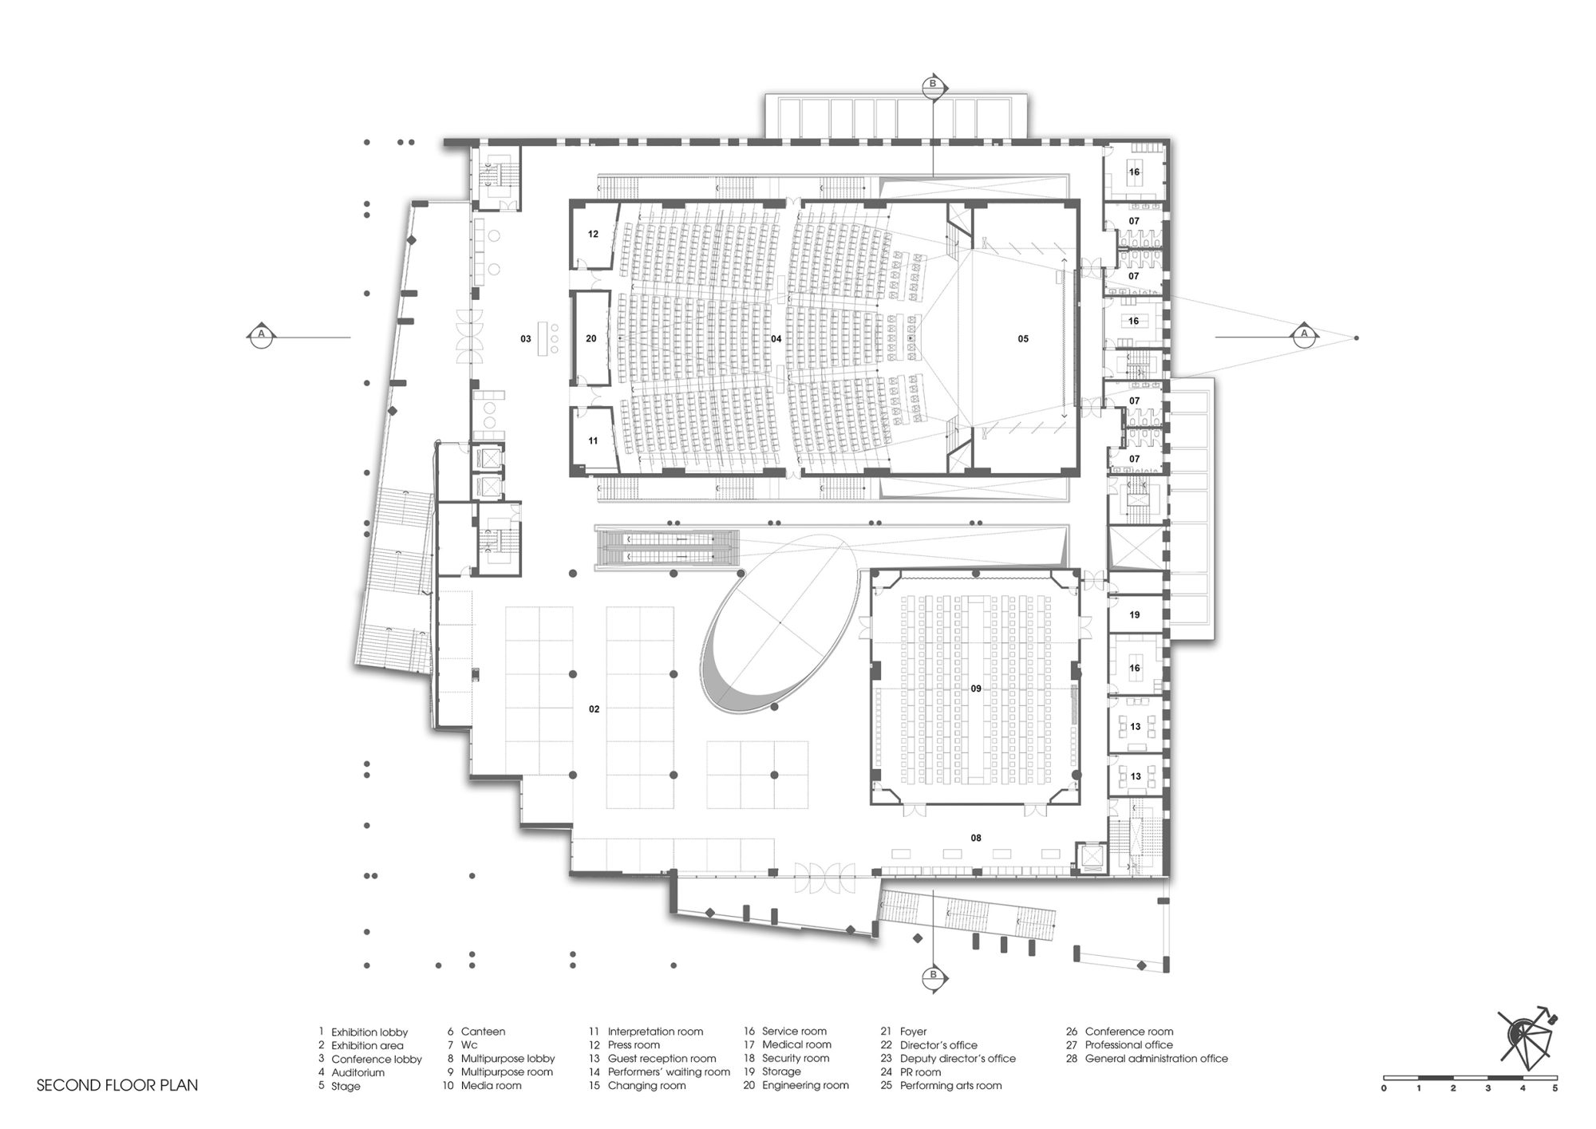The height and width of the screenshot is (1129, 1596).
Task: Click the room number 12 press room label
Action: point(593,235)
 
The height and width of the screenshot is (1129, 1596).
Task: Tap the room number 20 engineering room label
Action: point(591,339)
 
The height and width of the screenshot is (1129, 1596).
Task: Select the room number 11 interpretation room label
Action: point(593,441)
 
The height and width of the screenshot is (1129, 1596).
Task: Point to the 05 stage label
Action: point(1023,339)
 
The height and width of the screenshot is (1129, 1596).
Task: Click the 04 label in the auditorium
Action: point(776,339)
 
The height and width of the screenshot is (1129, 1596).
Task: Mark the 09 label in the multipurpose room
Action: point(976,689)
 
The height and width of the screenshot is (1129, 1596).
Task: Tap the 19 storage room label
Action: point(1135,615)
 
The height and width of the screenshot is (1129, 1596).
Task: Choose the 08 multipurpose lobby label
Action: point(976,839)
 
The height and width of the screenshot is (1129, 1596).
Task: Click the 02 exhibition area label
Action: point(595,709)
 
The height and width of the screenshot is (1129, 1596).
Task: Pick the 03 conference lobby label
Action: point(526,339)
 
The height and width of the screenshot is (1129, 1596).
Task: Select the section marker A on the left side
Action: point(260,334)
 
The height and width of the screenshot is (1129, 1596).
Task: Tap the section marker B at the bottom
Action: point(931,975)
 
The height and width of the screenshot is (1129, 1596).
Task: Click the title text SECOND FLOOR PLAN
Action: point(117,1085)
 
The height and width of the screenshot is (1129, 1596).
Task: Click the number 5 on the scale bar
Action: point(1555,1088)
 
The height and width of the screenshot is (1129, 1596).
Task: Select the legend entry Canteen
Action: point(483,1032)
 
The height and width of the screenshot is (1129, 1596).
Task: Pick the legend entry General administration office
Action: point(1156,1059)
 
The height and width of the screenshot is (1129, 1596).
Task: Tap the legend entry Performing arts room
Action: point(950,1085)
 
